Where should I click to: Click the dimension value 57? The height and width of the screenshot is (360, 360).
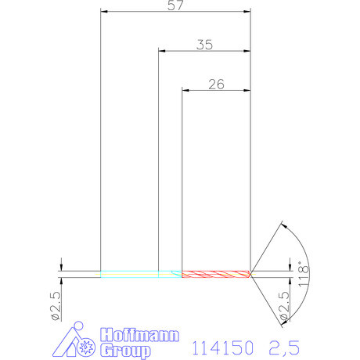coord(175,5)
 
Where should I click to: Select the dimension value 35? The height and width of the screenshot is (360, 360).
coord(204,45)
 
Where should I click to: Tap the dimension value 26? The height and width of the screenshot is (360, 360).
coord(216,85)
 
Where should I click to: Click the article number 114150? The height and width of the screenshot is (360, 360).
coord(223,345)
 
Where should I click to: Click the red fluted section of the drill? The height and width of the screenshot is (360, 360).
coord(215,274)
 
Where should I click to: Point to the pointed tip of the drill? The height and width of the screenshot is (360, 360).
coord(250,274)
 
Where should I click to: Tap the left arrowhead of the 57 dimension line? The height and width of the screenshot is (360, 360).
coord(105,12)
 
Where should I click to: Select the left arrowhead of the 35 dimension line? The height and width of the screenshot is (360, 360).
coord(162,52)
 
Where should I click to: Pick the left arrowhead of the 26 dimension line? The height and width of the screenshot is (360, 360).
coord(185,91)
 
